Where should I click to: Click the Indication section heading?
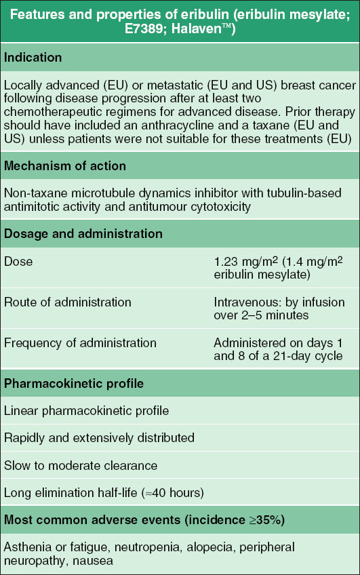click(33, 58)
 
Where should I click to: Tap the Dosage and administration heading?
click(83, 234)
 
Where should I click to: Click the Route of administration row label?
click(68, 302)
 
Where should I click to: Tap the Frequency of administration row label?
click(81, 342)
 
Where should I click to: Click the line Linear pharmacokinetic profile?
click(86, 411)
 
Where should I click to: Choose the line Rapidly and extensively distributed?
click(99, 438)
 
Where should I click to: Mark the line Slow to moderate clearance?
click(81, 465)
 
